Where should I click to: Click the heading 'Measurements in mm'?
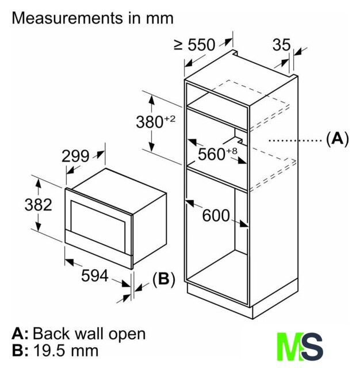[93, 18]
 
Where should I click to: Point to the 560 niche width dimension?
[214, 154]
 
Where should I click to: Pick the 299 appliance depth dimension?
[75, 156]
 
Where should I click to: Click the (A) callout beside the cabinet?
[337, 139]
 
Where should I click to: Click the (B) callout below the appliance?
[163, 279]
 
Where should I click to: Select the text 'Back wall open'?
[89, 333]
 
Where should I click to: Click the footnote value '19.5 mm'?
[66, 350]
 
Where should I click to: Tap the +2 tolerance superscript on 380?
[170, 119]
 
